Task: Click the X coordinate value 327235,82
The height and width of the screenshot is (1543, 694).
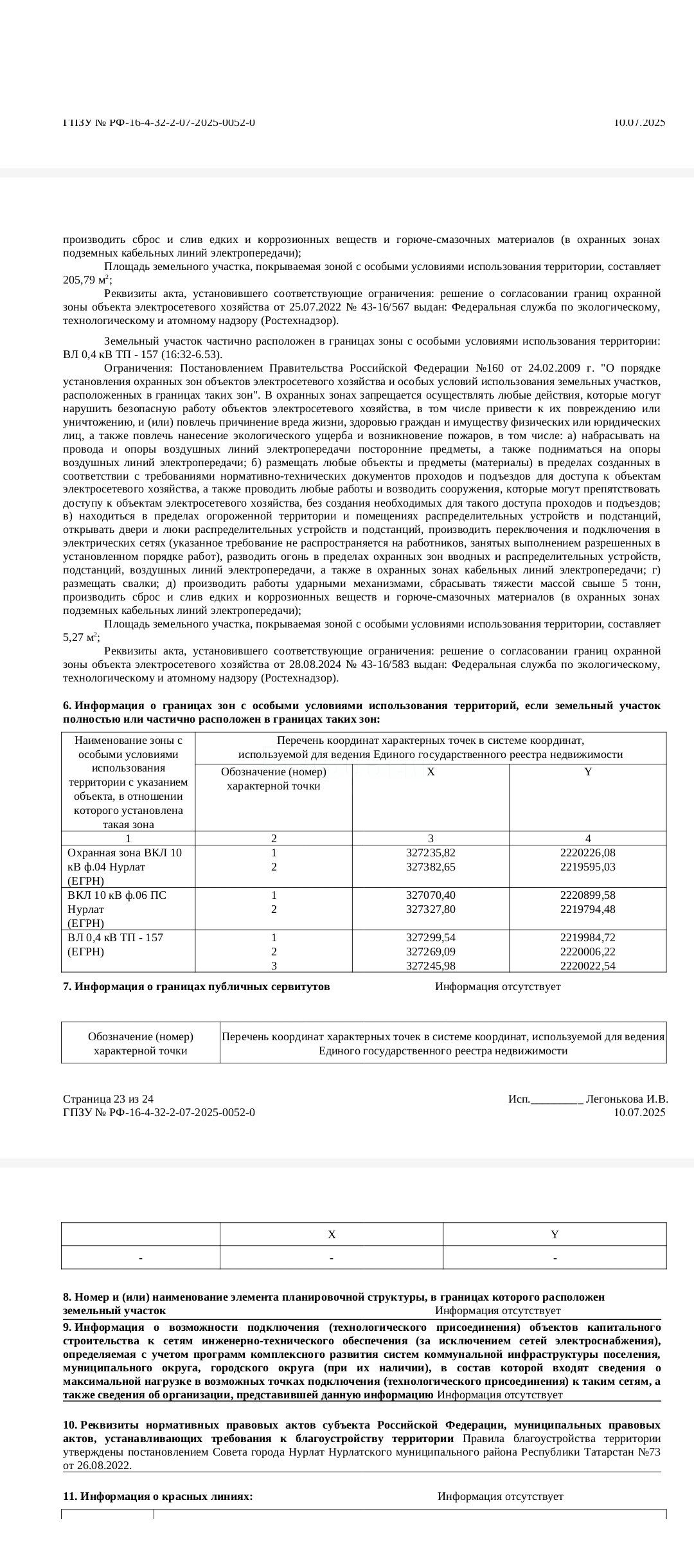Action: (431, 853)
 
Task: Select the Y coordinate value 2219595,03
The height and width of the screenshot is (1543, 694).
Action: (587, 867)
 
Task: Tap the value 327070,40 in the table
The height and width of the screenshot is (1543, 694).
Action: (431, 895)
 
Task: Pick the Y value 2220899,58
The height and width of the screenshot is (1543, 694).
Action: (587, 895)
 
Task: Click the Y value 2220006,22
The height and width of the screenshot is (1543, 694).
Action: (587, 952)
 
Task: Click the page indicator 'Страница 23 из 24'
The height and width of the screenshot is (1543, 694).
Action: (108, 1099)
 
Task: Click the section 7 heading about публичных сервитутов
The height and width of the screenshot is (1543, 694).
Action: (197, 986)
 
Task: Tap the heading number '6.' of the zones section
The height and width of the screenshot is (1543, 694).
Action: (67, 706)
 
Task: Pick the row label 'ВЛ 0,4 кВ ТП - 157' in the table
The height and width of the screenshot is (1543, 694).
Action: (115, 937)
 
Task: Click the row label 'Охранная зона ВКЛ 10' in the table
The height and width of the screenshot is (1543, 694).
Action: (124, 853)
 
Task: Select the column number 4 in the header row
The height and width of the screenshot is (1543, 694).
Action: (587, 838)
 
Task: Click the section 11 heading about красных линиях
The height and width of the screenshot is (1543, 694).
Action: (158, 1496)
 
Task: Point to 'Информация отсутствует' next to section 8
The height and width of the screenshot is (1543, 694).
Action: (497, 1310)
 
